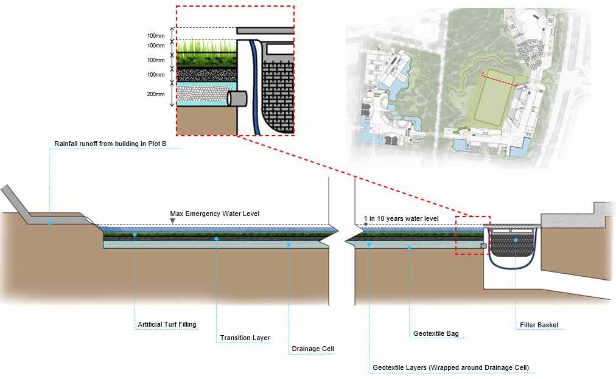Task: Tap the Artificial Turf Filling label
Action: pyautogui.click(x=167, y=324)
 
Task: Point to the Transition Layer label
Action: pyautogui.click(x=245, y=338)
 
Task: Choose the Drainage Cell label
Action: pyautogui.click(x=312, y=349)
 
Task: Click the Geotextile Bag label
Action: pyautogui.click(x=435, y=333)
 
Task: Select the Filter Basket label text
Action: pyautogui.click(x=539, y=325)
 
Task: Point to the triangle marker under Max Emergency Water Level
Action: pyautogui.click(x=173, y=221)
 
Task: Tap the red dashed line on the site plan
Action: pyautogui.click(x=500, y=78)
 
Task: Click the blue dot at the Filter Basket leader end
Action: pyautogui.click(x=516, y=240)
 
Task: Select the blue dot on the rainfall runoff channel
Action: pyautogui.click(x=50, y=223)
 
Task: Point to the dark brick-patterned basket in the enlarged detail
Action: pyautogui.click(x=278, y=91)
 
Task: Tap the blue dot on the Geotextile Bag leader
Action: pyautogui.click(x=409, y=247)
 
